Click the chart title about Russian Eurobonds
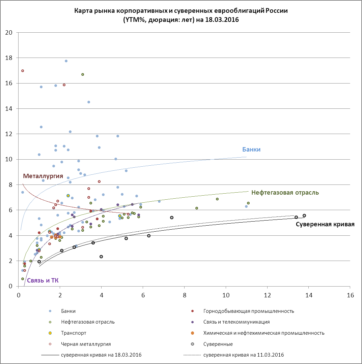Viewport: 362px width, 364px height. pyautogui.click(x=181, y=15)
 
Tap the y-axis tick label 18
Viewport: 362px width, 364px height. pyautogui.click(x=12, y=58)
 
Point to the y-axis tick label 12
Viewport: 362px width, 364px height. pyautogui.click(x=12, y=134)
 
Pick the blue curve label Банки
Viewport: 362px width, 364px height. pyautogui.click(x=251, y=150)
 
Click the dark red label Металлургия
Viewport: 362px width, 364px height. pyautogui.click(x=43, y=176)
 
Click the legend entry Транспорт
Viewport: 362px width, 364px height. pyautogui.click(x=74, y=333)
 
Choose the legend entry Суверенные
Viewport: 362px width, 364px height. pyautogui.click(x=218, y=344)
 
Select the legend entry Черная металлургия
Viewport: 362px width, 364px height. pyautogui.click(x=86, y=344)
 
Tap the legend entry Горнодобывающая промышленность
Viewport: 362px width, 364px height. pyautogui.click(x=249, y=311)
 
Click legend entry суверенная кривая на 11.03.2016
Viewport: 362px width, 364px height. pyautogui.click(x=244, y=355)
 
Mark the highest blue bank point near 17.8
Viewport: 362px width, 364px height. pyautogui.click(x=66, y=61)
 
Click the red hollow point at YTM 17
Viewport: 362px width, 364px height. pyautogui.click(x=23, y=71)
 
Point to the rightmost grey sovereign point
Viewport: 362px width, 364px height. pyautogui.click(x=304, y=216)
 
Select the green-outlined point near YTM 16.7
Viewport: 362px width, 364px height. pyautogui.click(x=83, y=74)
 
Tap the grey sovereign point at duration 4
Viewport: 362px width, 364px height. pyautogui.click(x=101, y=257)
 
